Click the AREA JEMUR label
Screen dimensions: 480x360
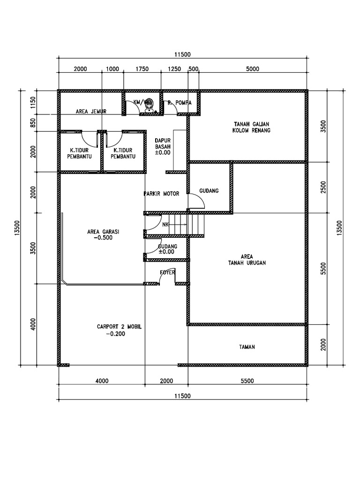91,112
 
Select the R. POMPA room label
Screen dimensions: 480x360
180,102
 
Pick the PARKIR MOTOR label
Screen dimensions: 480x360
162,193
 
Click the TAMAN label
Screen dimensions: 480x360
247,347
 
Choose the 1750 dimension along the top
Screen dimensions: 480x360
142,69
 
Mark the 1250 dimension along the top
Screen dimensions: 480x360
174,69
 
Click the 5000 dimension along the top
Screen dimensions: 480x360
252,69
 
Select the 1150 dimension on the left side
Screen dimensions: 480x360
33,102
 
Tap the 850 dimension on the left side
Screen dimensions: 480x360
33,123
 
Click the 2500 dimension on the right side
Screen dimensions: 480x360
322,187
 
